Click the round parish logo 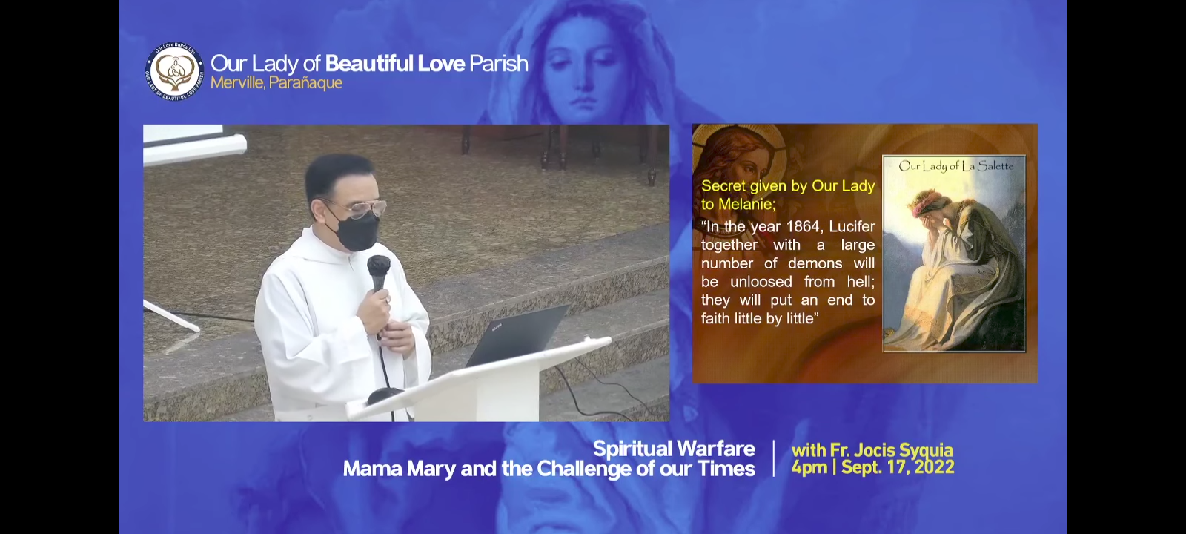click(174, 71)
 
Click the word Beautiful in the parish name click(368, 64)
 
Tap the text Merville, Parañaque click(276, 83)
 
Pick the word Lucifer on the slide click(852, 227)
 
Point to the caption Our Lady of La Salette click(955, 166)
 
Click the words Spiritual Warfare click(674, 449)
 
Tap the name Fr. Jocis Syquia click(891, 450)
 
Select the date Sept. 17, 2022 click(898, 467)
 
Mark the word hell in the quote click(861, 282)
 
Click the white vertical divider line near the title click(774, 458)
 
